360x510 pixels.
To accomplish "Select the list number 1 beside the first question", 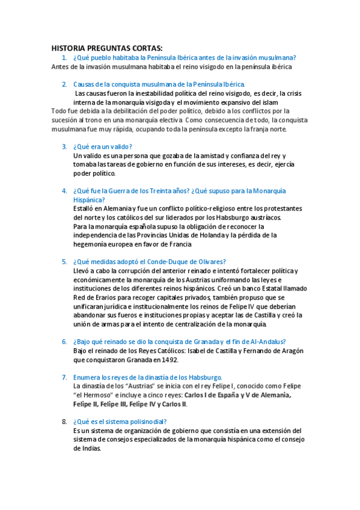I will click(x=64, y=58).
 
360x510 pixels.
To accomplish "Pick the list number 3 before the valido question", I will click(x=64, y=147).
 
